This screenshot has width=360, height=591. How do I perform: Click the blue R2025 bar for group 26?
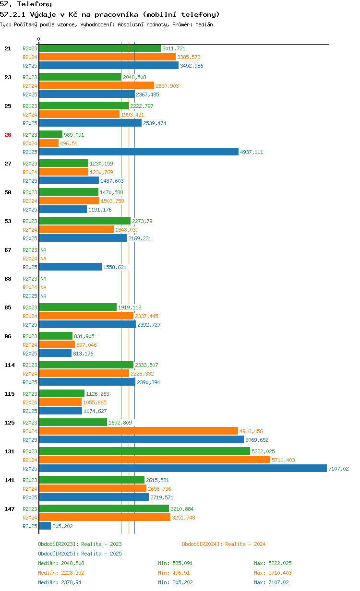[x=139, y=152]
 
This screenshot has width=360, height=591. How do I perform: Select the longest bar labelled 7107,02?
[x=182, y=469]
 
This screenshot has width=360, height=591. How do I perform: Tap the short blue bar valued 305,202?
[x=45, y=526]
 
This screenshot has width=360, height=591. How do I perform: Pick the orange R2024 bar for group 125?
[x=138, y=431]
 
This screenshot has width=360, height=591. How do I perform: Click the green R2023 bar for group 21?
[x=100, y=48]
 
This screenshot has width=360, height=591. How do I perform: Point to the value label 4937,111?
[x=252, y=152]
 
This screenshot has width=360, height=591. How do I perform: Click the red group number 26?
[x=8, y=135]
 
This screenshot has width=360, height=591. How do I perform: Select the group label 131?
[x=10, y=451]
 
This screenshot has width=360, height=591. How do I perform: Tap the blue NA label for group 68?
[x=43, y=296]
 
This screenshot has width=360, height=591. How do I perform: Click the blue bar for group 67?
[x=71, y=267]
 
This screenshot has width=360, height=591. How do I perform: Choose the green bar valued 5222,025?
[x=144, y=451]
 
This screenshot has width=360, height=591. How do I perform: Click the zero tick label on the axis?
[x=39, y=39]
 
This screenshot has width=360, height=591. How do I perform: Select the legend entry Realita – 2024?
[x=224, y=544]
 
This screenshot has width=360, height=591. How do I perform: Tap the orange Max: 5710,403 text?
[x=273, y=573]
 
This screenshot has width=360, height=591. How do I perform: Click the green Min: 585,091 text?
[x=175, y=563]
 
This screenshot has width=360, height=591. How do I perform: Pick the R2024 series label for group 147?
[x=30, y=518]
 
